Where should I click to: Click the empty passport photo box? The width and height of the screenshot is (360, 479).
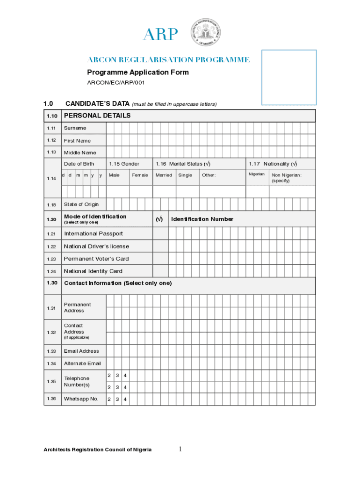pos(289,77)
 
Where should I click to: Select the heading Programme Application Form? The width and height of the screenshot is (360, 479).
pos(138,72)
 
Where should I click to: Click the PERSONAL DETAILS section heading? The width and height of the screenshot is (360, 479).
pos(97,116)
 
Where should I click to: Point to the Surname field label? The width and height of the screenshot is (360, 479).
pos(75,128)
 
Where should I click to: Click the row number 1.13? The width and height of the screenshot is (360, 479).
pos(51,152)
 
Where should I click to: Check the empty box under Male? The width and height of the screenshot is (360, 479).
pos(118,192)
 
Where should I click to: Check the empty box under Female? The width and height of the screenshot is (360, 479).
pos(141,192)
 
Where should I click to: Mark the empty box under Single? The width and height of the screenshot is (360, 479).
pos(187,192)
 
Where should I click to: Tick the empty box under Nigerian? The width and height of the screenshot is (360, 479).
pos(257,192)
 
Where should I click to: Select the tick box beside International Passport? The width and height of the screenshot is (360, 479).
pos(160,233)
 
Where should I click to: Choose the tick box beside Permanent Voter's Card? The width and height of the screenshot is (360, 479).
pos(160,259)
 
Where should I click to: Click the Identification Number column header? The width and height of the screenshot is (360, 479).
pos(202,219)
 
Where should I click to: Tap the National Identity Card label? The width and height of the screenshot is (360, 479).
pos(93,271)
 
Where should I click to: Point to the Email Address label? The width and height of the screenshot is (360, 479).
pos(81,351)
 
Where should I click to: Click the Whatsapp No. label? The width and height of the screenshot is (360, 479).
pos(81,399)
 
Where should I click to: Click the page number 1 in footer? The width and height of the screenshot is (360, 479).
pos(180,450)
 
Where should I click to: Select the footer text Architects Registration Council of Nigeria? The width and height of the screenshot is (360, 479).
pos(98,450)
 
